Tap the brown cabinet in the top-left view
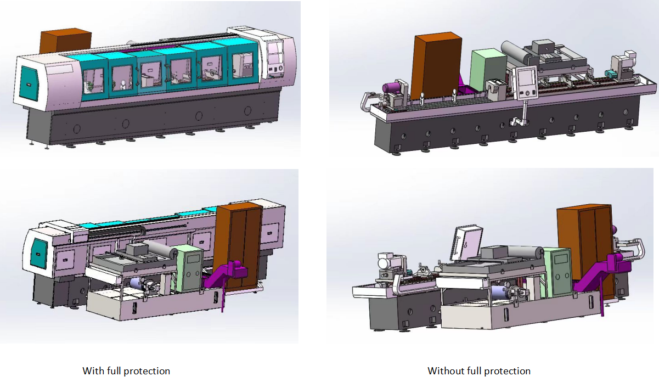click(66, 41)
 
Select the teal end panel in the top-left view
click(29, 83)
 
